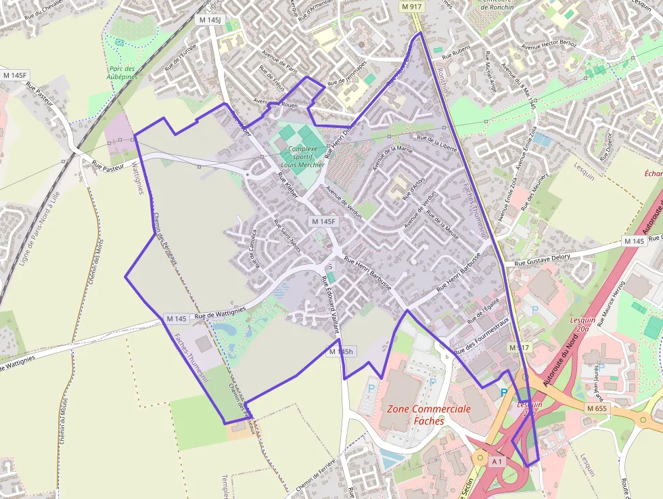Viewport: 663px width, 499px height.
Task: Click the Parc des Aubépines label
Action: click(x=122, y=72)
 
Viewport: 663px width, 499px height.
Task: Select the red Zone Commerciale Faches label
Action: click(x=428, y=414)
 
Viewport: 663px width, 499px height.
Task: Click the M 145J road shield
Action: click(x=210, y=20)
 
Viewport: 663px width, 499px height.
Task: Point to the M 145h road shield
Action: click(x=342, y=351)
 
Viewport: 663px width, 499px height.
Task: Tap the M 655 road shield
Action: click(x=597, y=408)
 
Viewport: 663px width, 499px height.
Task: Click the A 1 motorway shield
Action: click(x=497, y=461)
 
